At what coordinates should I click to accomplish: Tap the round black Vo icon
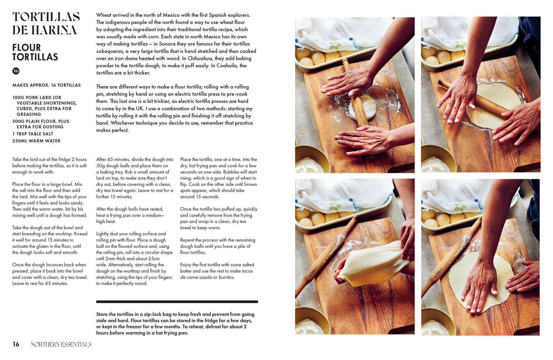coord(16,71)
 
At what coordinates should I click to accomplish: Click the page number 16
coord(16,344)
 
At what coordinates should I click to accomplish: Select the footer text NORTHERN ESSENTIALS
coord(61,344)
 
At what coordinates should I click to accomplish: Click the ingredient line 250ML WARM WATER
coord(36,141)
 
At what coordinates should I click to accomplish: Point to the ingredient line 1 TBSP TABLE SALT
coord(32,134)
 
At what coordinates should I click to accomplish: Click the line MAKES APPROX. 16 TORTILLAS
coord(46,85)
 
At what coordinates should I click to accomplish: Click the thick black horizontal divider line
coord(177,302)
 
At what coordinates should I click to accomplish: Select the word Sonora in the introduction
coord(167,44)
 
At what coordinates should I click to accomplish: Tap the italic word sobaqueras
coord(109,51)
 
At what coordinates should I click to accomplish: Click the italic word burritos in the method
coord(226,277)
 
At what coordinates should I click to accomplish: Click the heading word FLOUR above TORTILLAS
coord(27,48)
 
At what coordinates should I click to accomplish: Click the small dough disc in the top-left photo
coord(362,108)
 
